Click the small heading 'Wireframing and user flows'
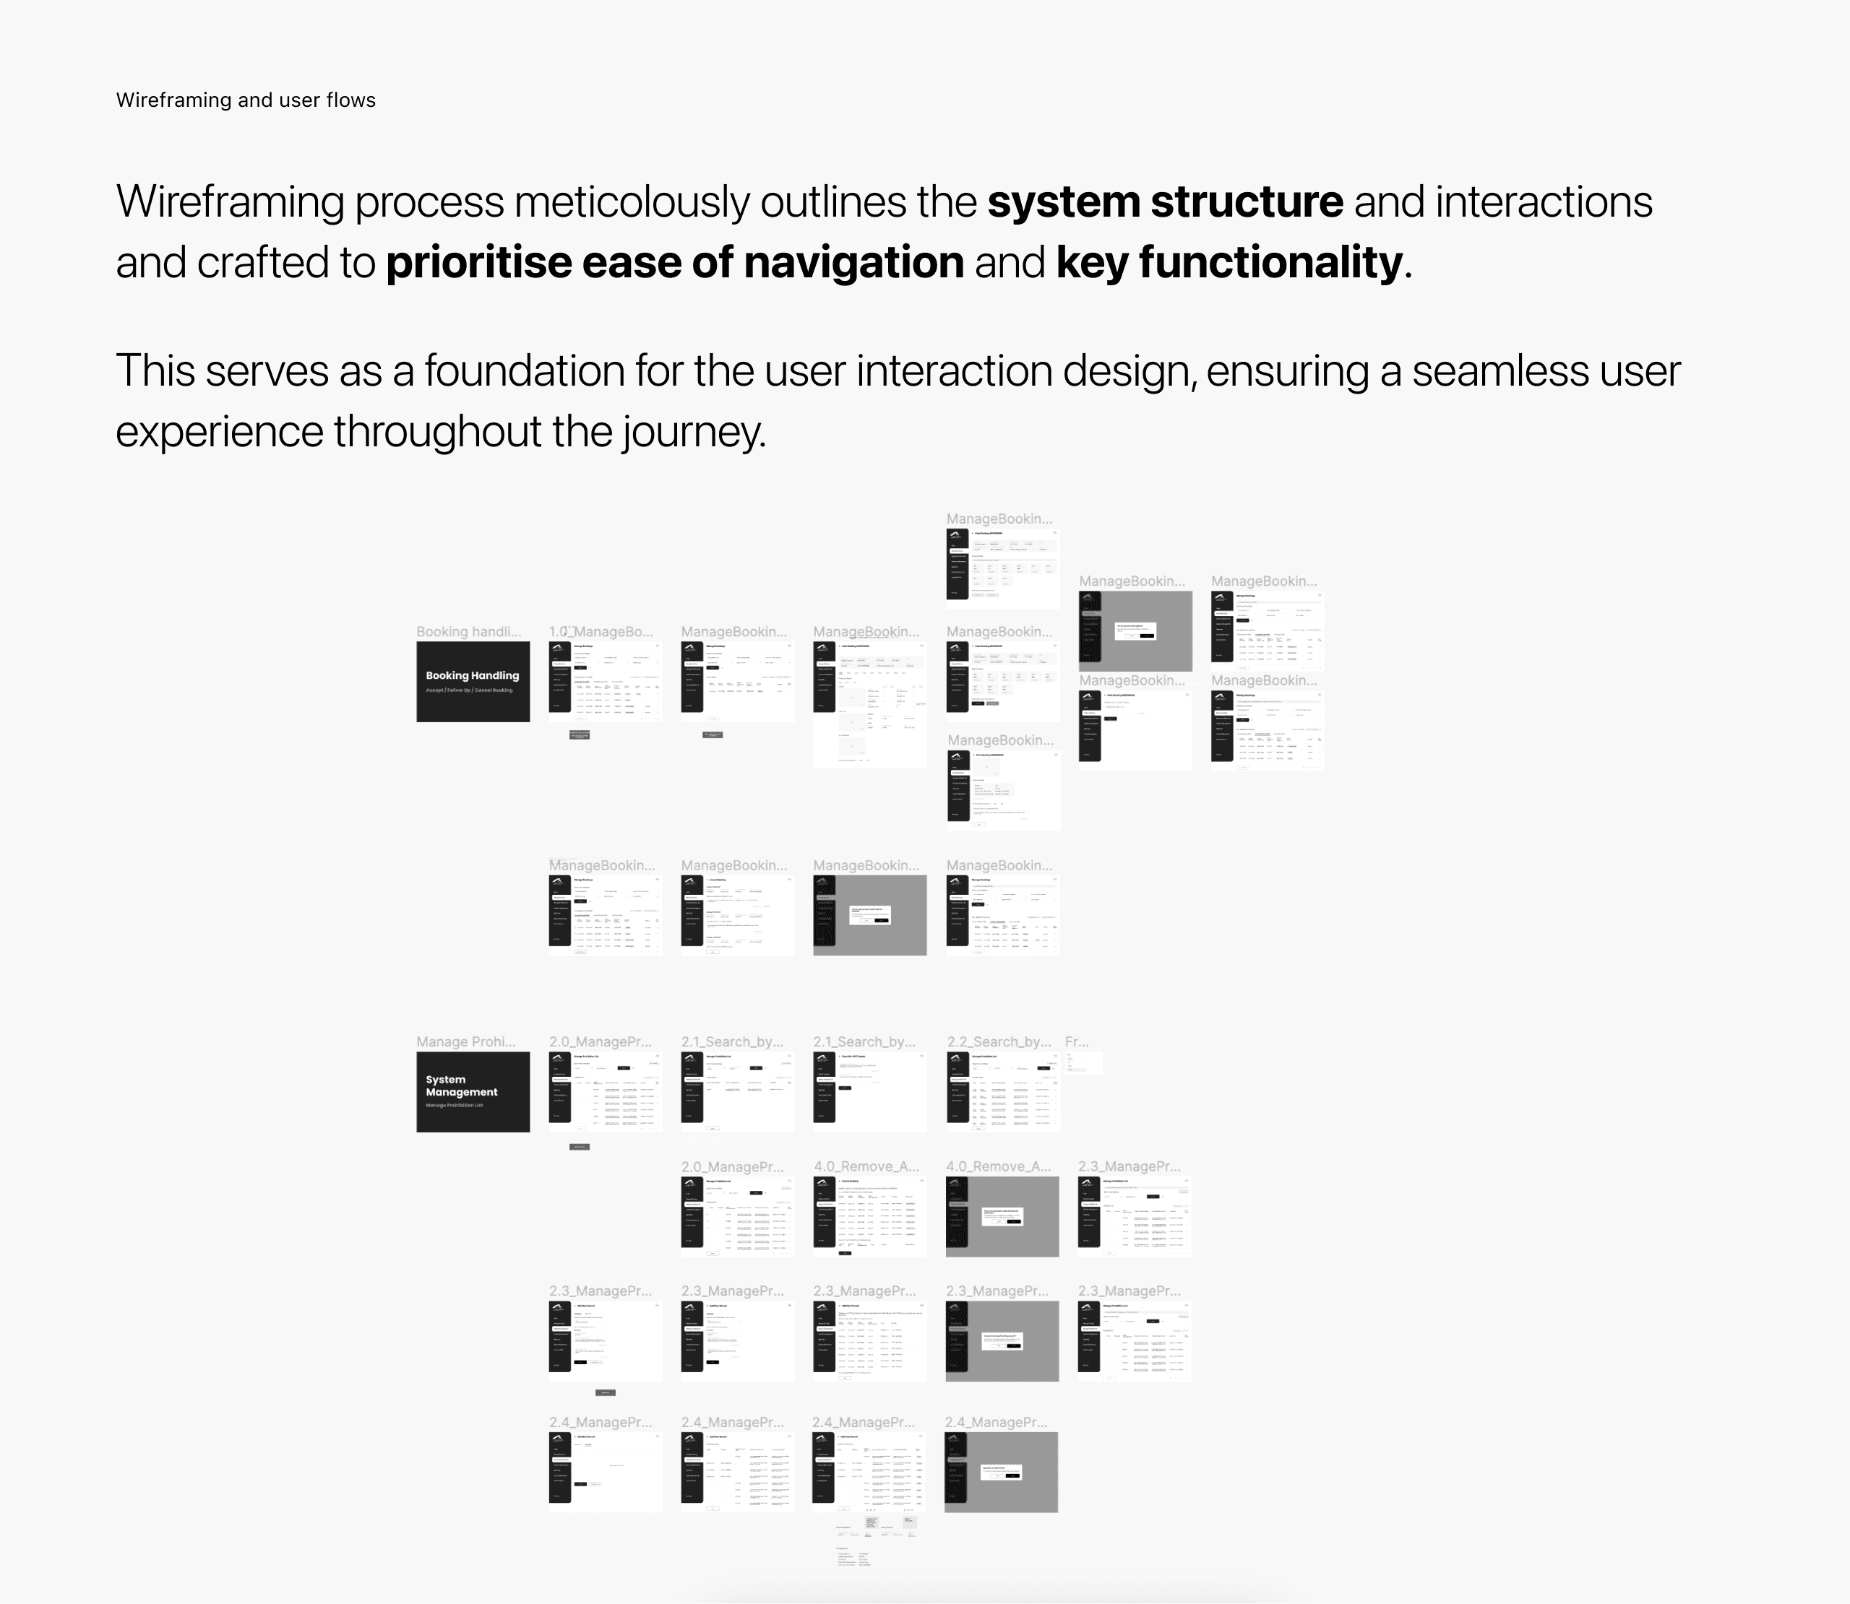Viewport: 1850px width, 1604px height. [246, 100]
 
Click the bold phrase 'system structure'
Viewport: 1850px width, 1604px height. [1164, 201]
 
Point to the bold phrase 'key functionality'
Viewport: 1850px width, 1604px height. [1229, 262]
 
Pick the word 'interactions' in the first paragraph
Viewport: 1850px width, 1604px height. [1544, 201]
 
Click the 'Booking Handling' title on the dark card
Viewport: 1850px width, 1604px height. [472, 676]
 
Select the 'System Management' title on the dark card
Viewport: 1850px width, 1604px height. [461, 1085]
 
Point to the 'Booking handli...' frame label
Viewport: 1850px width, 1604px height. [468, 632]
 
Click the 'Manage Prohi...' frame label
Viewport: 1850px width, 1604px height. [465, 1042]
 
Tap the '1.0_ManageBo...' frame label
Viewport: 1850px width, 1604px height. [601, 632]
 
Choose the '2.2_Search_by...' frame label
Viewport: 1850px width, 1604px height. [999, 1042]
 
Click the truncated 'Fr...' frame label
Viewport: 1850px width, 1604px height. [1076, 1042]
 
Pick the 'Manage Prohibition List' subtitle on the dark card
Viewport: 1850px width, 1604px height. [454, 1106]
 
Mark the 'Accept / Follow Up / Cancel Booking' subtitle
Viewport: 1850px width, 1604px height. [469, 690]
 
